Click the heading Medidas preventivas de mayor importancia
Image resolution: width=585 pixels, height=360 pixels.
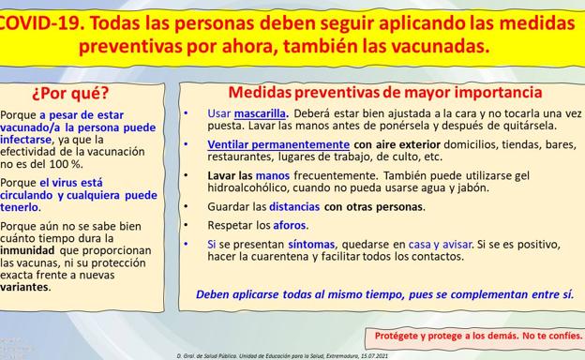point(385,93)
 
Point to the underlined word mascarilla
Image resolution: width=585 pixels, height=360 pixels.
point(260,113)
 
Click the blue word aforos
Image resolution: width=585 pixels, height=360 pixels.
point(290,225)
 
